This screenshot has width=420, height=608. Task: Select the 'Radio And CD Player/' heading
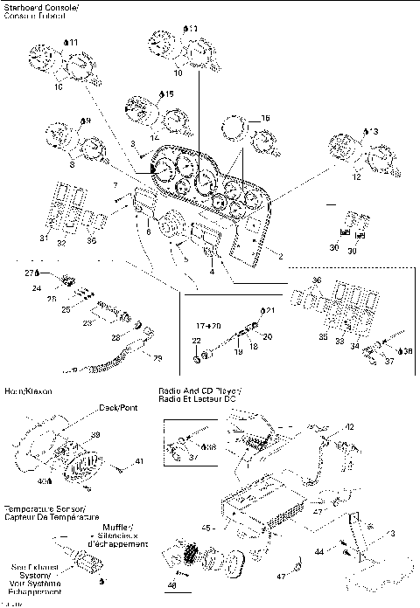point(199,390)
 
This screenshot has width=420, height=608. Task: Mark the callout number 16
point(265,117)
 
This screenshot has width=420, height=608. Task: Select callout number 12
point(332,176)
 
